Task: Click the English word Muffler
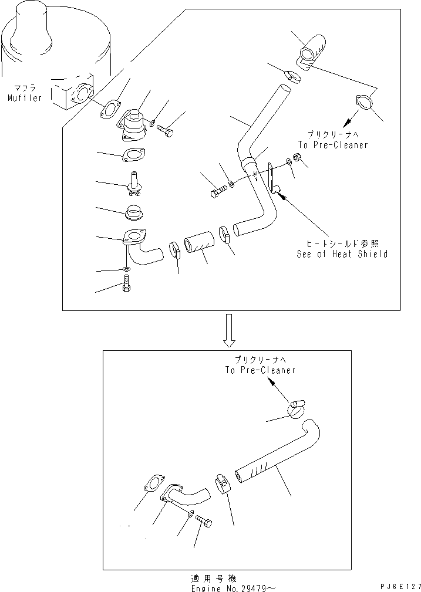[25, 98]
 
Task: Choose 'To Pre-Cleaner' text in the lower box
[260, 370]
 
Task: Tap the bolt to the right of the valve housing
[164, 130]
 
